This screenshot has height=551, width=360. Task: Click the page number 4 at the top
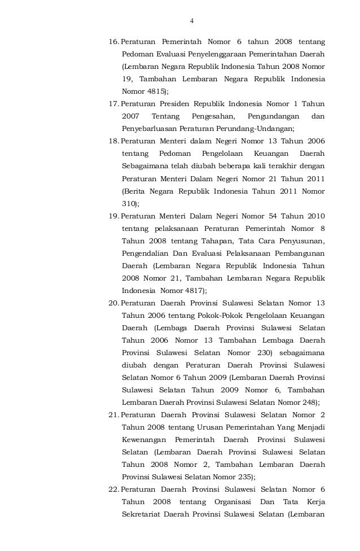coord(192,21)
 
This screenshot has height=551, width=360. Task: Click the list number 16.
coord(113,42)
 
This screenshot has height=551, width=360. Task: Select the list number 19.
coord(113,216)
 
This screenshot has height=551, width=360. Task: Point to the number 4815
coord(155,91)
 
